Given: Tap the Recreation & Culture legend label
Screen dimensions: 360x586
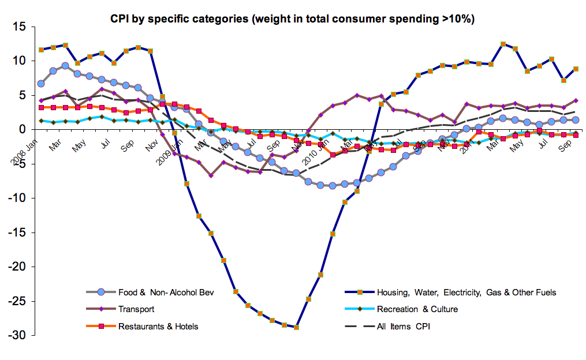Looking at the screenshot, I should coord(417,309).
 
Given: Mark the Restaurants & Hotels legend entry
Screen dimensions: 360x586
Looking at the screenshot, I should coord(158,327).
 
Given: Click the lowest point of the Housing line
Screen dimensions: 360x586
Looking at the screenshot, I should coord(297,327).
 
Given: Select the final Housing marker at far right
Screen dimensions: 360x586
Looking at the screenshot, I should coord(576,69).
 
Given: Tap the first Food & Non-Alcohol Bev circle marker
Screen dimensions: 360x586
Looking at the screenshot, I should coord(41,84).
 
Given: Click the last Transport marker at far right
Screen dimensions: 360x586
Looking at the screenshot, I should coord(576,100).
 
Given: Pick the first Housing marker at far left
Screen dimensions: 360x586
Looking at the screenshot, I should coord(41,50).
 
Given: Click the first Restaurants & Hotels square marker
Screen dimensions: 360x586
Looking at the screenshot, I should coord(41,107).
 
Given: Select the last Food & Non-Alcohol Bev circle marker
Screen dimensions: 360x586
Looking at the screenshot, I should coord(576,120).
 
